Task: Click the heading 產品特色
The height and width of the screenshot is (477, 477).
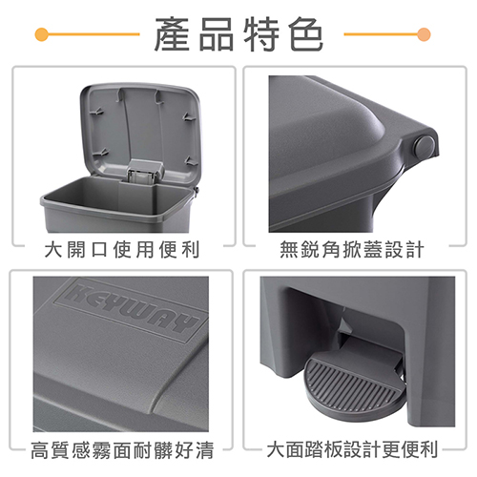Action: click(238, 34)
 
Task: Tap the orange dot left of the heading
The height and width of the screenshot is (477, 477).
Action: click(42, 34)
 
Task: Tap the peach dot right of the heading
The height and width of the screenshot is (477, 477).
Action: click(424, 34)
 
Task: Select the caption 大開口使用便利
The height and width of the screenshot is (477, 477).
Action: click(122, 249)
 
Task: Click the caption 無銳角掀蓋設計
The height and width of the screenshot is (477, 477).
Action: click(352, 249)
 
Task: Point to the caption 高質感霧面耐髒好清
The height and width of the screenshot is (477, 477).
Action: click(122, 450)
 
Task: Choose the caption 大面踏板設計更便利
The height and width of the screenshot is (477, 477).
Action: click(352, 449)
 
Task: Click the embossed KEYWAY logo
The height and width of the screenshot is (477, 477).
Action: click(132, 309)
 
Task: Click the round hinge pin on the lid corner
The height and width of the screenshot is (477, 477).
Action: click(425, 147)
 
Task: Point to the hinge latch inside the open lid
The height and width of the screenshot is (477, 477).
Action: click(144, 172)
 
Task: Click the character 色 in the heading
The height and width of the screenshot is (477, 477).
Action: click(306, 34)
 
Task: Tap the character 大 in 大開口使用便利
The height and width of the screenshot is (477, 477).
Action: click(53, 249)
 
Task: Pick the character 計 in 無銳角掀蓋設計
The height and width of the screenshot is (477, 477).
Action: click(415, 249)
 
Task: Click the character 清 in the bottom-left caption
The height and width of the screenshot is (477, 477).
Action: click(205, 450)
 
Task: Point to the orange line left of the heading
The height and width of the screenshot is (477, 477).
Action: click(93, 34)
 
